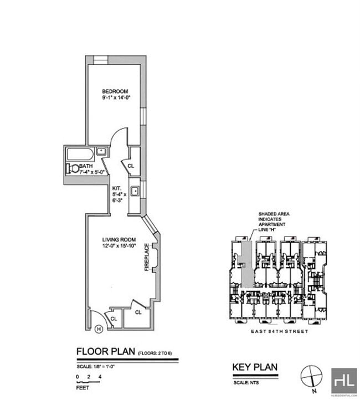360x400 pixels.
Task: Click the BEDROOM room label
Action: [x=115, y=91]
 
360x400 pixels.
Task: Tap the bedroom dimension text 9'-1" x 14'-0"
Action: [x=115, y=98]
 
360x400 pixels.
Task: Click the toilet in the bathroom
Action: [x=71, y=168]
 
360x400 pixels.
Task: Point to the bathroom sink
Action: [x=101, y=151]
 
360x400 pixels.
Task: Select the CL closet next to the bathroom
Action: [x=131, y=166]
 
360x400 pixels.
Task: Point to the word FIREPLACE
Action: [x=147, y=257]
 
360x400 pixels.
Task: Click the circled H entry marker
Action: [x=99, y=329]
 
